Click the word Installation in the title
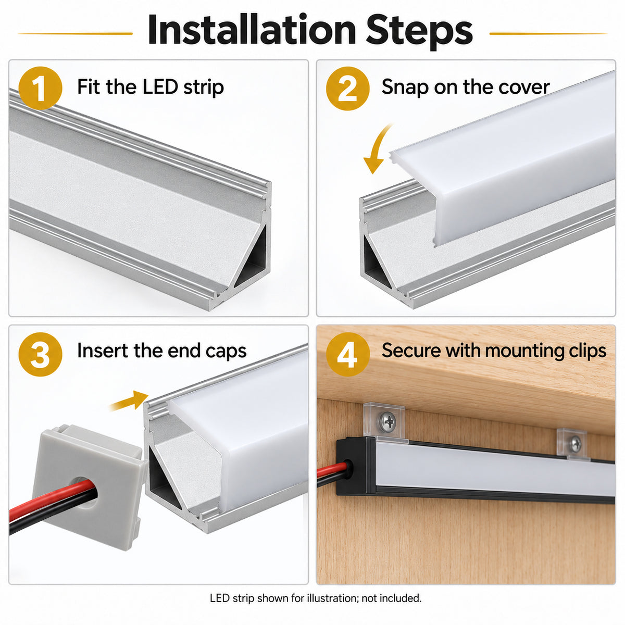pyautogui.click(x=252, y=30)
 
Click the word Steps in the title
pyautogui.click(x=419, y=31)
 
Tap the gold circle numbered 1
pyautogui.click(x=40, y=88)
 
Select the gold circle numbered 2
pyautogui.click(x=348, y=88)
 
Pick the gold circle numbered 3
pyautogui.click(x=40, y=354)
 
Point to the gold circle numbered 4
pyautogui.click(x=348, y=354)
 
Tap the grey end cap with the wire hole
pyautogui.click(x=87, y=486)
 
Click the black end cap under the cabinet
pyautogui.click(x=356, y=466)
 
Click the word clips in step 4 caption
pyautogui.click(x=587, y=352)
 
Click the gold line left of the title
pyautogui.click(x=75, y=33)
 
